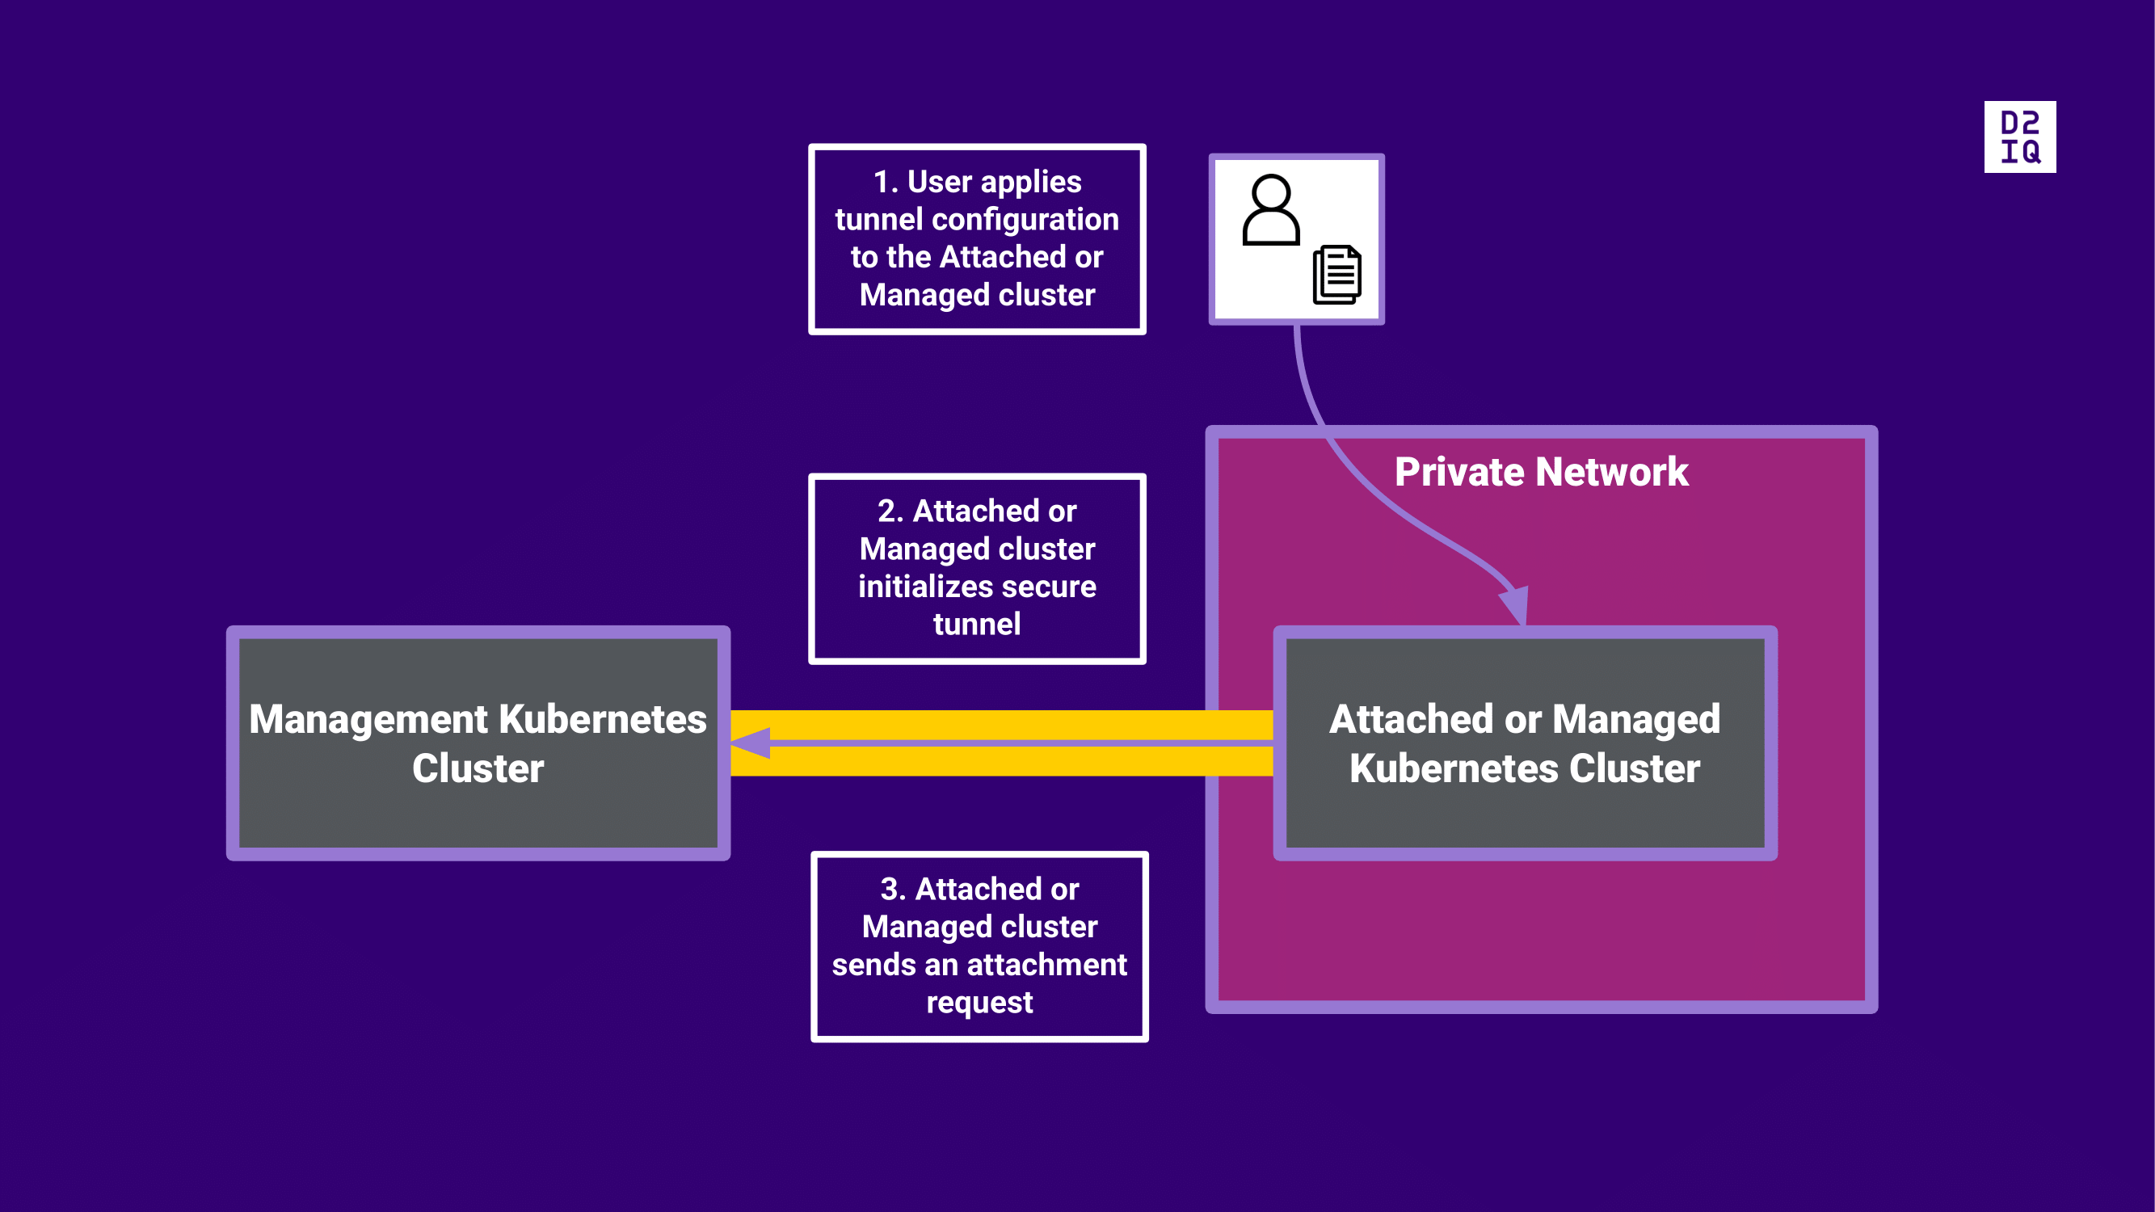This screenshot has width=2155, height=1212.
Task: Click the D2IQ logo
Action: [2019, 137]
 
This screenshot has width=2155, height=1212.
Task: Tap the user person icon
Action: [1271, 210]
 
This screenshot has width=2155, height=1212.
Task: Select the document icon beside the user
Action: [1336, 275]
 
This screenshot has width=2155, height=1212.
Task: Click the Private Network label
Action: [1541, 472]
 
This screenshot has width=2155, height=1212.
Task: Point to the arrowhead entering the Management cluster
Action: [750, 743]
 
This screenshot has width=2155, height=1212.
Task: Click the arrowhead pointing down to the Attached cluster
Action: [1515, 604]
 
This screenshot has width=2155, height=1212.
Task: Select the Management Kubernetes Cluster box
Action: [478, 743]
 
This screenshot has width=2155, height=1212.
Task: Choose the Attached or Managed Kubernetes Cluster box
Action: [1524, 743]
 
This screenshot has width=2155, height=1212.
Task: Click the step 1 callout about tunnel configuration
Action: [977, 239]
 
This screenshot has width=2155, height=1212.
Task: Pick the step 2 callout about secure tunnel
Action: [977, 569]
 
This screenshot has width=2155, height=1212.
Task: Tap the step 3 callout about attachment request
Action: [979, 946]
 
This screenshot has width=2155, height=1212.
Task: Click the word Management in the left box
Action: [368, 719]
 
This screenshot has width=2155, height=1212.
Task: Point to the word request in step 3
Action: [979, 1002]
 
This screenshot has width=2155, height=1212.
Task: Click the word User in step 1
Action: [940, 182]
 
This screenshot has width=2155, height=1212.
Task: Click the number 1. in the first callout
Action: [885, 182]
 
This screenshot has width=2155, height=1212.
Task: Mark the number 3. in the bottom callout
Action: [893, 889]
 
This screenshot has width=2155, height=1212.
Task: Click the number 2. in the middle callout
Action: [890, 511]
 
